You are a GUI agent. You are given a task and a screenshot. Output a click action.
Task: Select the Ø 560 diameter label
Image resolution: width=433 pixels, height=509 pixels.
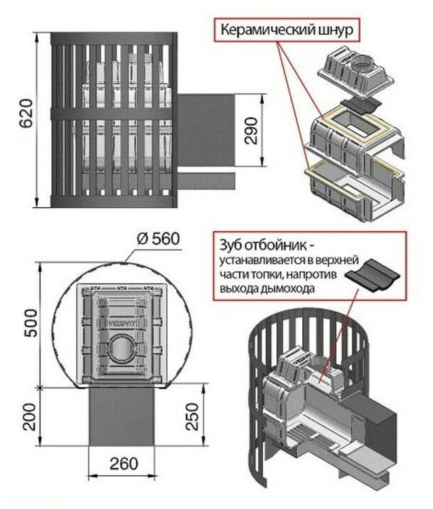click(156, 238)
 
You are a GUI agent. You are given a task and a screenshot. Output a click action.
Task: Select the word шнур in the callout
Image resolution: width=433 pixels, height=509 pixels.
click(334, 32)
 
